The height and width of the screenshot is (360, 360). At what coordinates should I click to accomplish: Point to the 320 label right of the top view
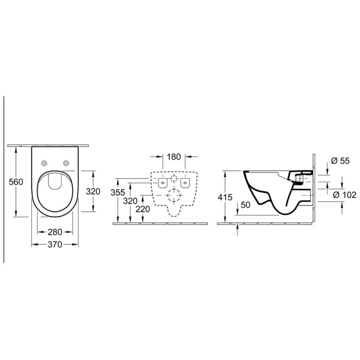pos(93,191)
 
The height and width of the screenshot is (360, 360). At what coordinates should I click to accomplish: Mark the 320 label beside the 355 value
pos(130,201)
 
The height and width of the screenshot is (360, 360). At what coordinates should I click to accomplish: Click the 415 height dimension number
pos(225,197)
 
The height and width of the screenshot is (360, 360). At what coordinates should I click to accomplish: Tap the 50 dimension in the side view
pos(245,204)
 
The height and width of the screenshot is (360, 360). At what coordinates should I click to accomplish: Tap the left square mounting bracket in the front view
pos(163,183)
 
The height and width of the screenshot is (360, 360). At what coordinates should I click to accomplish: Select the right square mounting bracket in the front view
pos(185,183)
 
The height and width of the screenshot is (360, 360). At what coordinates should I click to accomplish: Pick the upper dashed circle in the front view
pos(174,180)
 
